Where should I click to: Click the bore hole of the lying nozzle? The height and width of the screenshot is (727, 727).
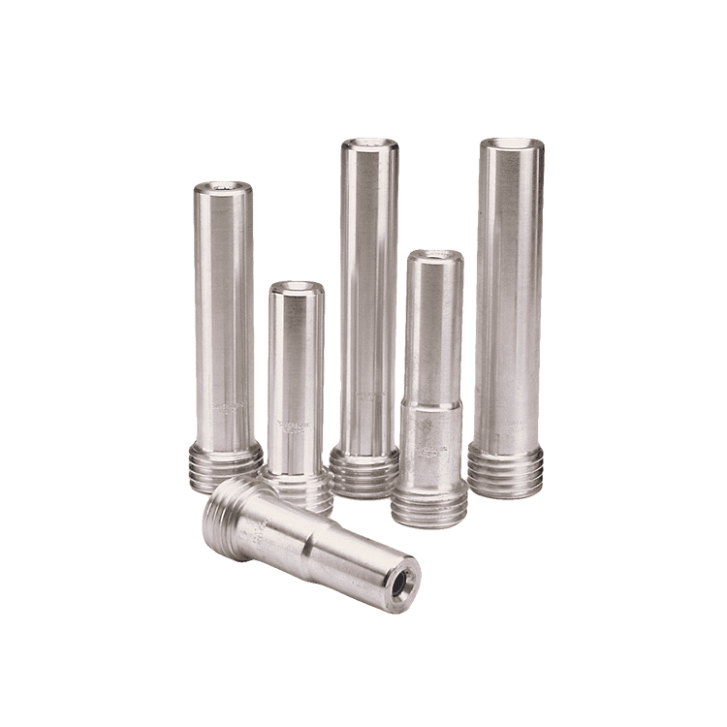[x=401, y=583]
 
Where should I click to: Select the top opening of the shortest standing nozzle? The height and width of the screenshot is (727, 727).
[x=297, y=289]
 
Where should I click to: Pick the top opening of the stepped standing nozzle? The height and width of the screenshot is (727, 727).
[x=434, y=257]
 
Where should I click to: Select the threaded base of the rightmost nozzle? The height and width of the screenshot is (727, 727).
[x=505, y=469]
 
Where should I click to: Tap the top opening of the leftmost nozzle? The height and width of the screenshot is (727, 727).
[x=223, y=187]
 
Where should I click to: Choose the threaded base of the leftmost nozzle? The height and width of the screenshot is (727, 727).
[x=226, y=466]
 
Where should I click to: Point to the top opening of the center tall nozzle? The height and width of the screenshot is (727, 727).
[x=368, y=145]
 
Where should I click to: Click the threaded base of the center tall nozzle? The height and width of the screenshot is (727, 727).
[x=364, y=471]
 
